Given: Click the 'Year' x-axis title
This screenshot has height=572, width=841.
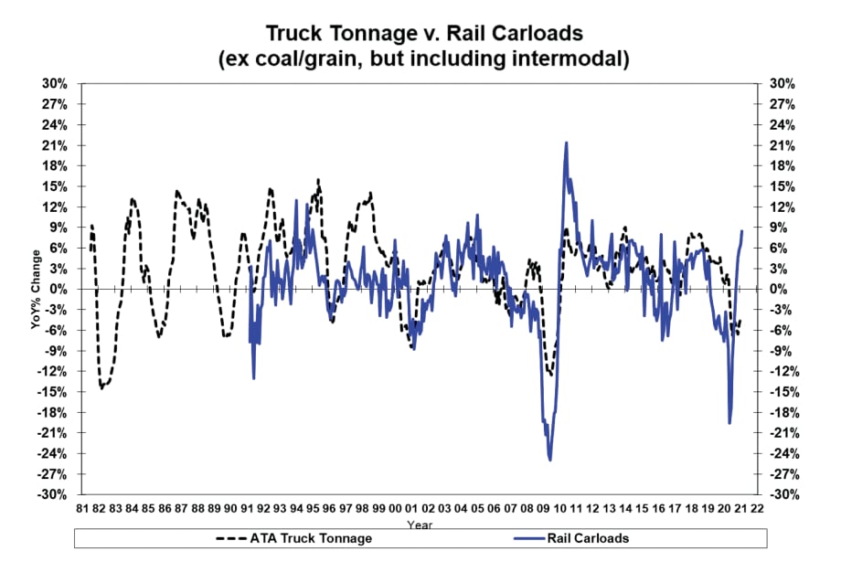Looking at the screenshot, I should tap(420, 524).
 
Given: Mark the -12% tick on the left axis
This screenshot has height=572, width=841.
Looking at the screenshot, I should tap(53, 371).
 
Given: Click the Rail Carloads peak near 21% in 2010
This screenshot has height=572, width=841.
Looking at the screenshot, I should tap(567, 143).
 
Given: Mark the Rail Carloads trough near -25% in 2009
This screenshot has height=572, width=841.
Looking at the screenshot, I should tap(550, 460).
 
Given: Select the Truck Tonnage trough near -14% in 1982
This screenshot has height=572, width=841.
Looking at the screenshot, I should tap(101, 387).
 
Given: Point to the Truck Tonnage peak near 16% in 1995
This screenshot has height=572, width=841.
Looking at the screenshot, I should tap(318, 180).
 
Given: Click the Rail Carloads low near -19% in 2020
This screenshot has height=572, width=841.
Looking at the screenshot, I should tap(729, 422).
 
